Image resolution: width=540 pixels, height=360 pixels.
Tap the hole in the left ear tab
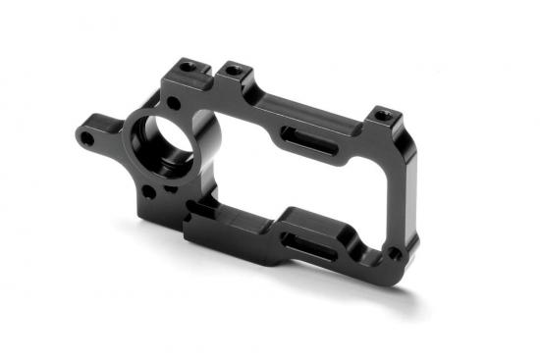87,139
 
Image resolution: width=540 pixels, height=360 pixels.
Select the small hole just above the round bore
174,102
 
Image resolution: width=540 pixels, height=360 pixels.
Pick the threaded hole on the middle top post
233,70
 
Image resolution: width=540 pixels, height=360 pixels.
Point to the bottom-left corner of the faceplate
187,240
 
